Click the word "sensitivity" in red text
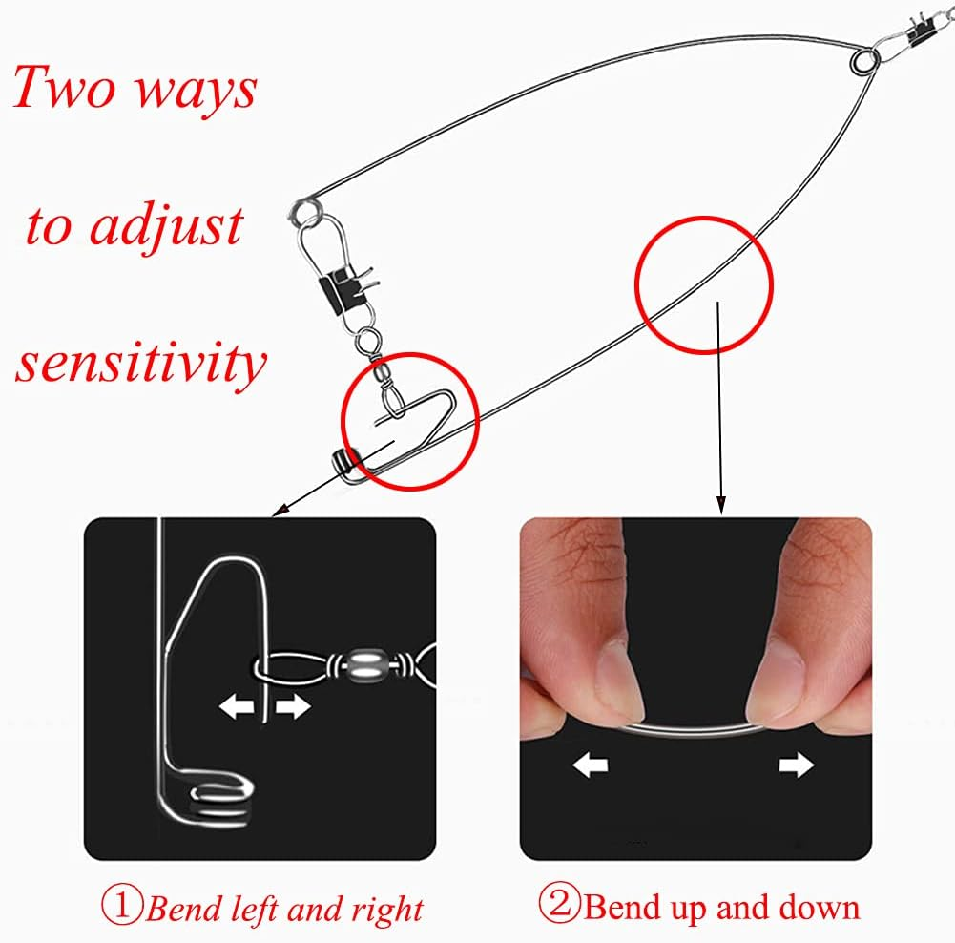click(x=140, y=363)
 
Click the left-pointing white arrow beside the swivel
click(x=237, y=707)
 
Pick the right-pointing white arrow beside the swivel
click(x=292, y=707)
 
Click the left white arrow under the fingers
click(x=591, y=765)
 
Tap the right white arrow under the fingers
click(x=796, y=765)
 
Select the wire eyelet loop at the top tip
click(x=863, y=61)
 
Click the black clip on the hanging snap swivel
click(x=341, y=288)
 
